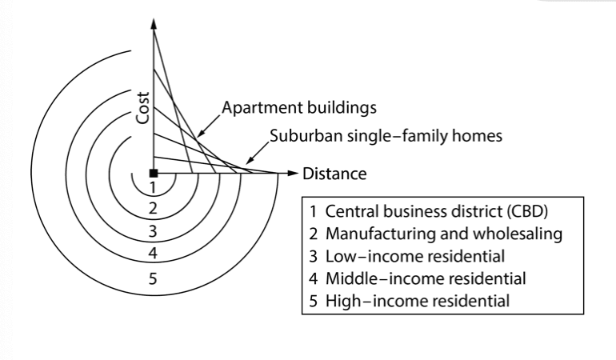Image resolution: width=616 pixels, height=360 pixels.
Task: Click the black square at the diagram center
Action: [154, 174]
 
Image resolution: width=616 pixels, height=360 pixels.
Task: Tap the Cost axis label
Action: [143, 108]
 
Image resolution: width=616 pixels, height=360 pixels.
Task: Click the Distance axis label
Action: [334, 174]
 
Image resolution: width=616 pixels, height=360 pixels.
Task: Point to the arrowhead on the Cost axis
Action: [154, 23]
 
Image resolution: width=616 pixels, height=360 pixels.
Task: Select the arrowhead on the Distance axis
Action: [293, 173]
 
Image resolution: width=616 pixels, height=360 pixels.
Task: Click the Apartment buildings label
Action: [299, 108]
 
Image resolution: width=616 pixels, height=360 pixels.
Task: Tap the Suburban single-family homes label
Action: [386, 136]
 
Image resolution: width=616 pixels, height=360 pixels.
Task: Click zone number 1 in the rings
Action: [153, 187]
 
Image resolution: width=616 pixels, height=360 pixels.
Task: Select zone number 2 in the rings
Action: [153, 208]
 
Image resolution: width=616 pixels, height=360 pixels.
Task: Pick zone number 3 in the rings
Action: [153, 231]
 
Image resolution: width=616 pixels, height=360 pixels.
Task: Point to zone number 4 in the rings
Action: [153, 253]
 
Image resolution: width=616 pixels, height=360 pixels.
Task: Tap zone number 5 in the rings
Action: [153, 278]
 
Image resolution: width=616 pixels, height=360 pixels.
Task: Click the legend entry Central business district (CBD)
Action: [429, 211]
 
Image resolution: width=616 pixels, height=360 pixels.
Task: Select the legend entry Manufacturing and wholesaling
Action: [436, 234]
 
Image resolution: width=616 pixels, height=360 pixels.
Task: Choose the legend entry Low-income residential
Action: [407, 256]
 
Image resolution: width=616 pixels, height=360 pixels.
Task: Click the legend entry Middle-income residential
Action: [418, 278]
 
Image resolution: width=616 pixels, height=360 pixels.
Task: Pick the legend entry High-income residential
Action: [410, 301]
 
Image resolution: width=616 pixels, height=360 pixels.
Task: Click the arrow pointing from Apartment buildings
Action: [209, 126]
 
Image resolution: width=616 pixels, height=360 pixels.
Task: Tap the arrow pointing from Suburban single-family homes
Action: [258, 153]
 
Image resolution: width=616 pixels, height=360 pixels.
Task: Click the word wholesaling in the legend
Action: [518, 234]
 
